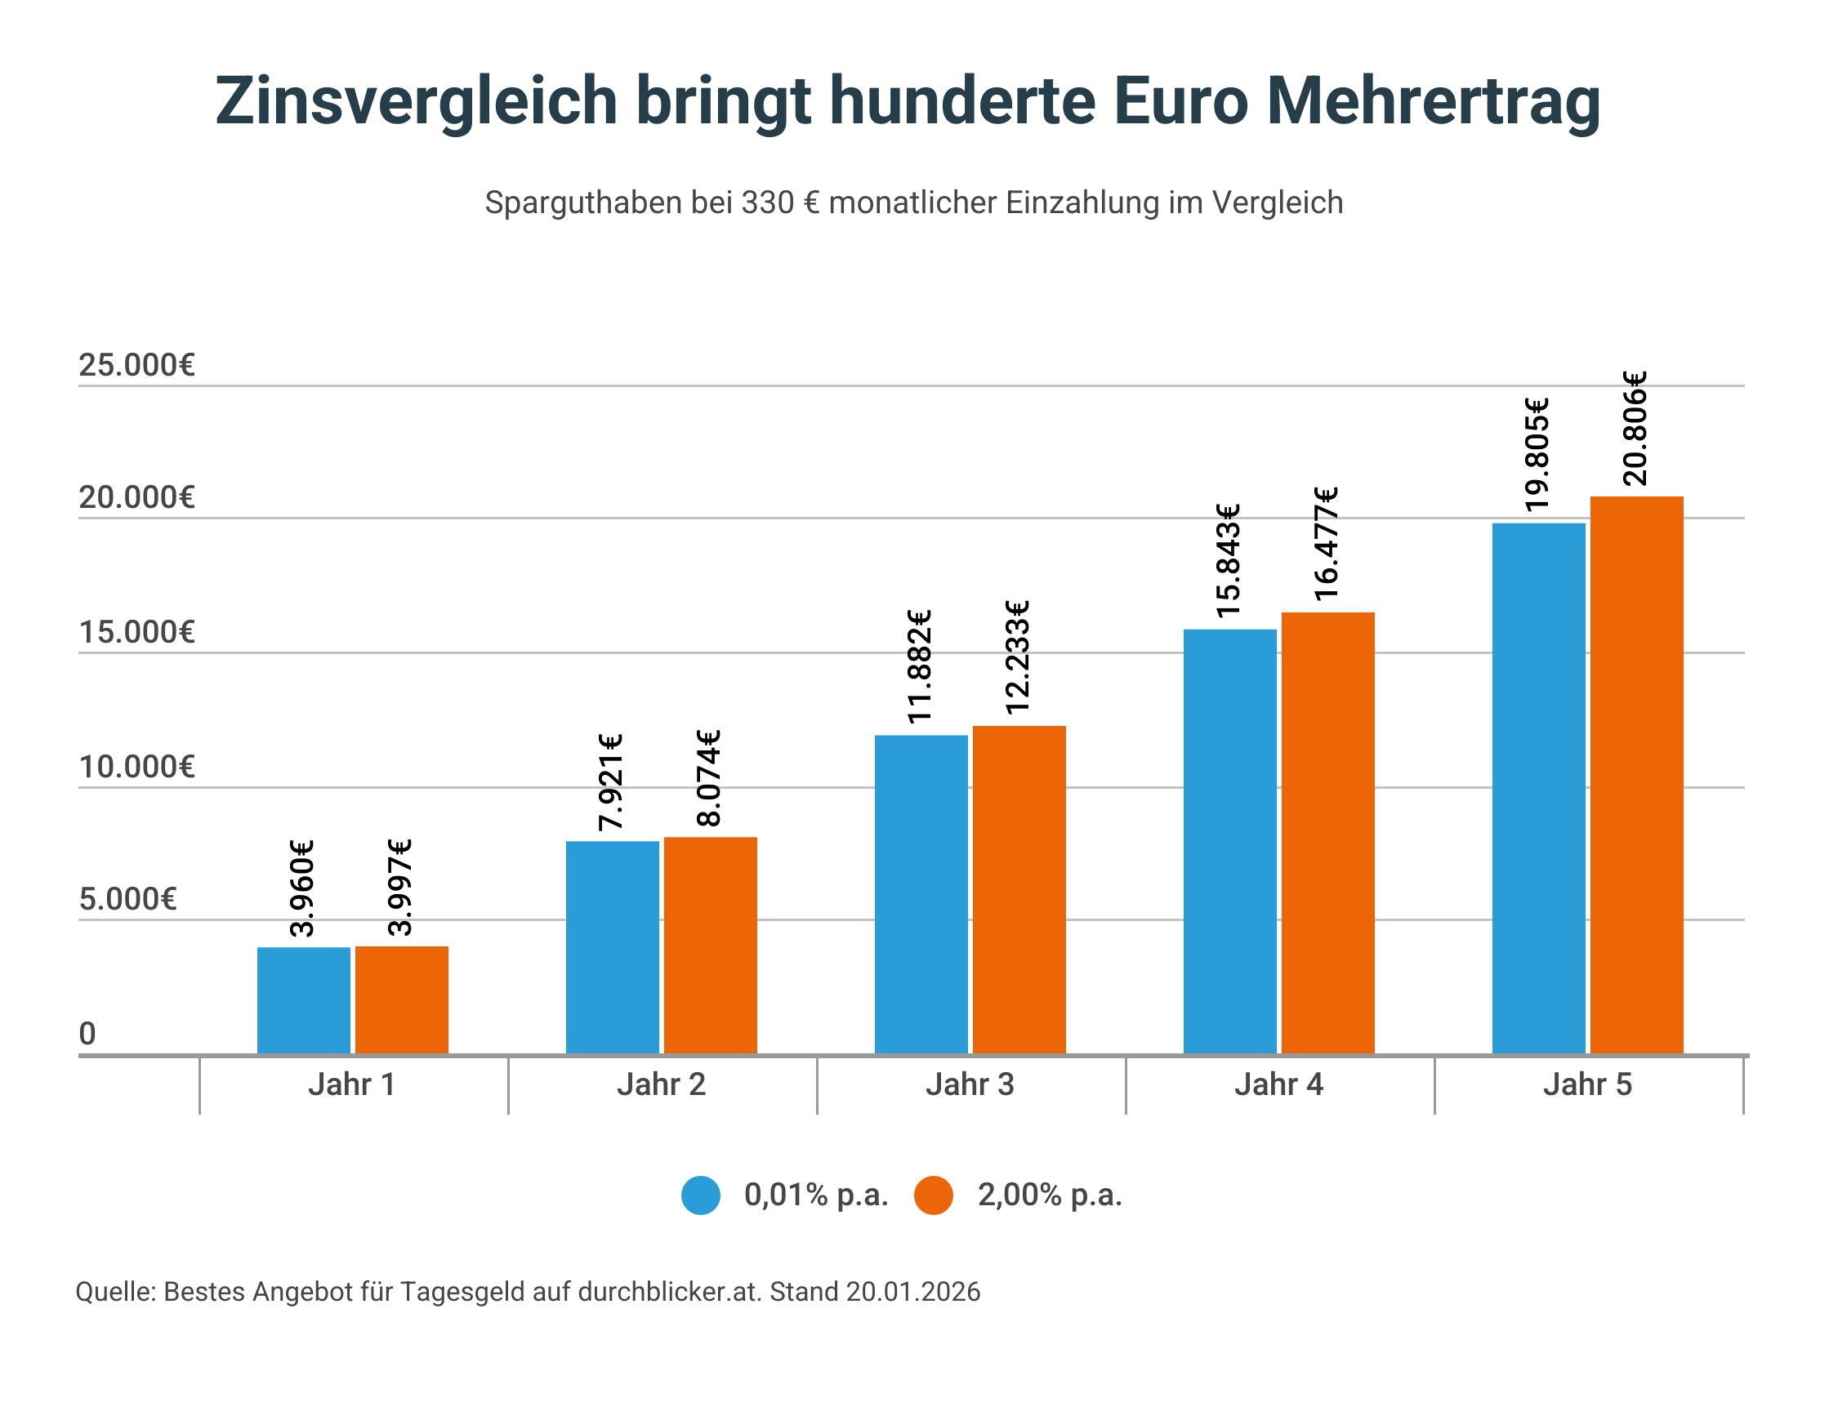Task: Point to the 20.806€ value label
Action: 1635,429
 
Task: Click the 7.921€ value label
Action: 611,782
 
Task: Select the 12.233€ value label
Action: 1017,657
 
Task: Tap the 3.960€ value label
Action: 301,888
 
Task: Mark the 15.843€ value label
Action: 1227,560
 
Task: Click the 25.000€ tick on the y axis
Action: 136,365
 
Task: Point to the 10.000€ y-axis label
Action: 136,767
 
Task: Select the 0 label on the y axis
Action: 87,1033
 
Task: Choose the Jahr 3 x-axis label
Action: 970,1084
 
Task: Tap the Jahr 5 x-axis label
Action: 1587,1084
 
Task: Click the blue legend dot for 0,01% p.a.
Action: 701,1195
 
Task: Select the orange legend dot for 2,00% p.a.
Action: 933,1195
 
